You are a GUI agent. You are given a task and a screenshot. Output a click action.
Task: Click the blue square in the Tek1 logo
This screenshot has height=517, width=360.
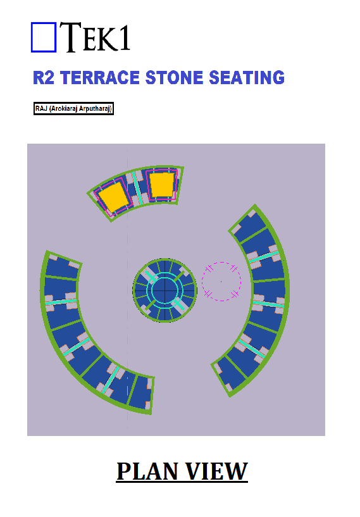tap(44, 37)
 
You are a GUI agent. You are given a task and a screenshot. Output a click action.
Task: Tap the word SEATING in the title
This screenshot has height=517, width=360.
tap(247, 78)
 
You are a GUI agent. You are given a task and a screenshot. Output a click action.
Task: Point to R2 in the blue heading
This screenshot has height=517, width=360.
tap(44, 78)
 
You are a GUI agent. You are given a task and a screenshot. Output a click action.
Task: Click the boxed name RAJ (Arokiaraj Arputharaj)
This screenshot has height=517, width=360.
tap(73, 108)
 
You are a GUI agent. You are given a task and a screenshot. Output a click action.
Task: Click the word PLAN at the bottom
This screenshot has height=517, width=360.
tap(147, 471)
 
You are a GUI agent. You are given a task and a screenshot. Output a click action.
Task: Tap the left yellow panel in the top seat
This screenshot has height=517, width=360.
tap(113, 197)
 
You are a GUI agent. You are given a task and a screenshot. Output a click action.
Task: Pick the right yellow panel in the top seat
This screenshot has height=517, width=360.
tap(161, 185)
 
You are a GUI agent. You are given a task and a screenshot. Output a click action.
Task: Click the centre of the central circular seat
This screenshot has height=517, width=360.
tap(165, 290)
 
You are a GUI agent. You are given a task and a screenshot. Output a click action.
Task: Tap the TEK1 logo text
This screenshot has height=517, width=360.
tap(96, 37)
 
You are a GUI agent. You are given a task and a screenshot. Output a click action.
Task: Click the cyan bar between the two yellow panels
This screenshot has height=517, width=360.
tap(137, 187)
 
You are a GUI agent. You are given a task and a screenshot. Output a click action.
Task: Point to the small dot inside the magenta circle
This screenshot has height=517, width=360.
tap(221, 282)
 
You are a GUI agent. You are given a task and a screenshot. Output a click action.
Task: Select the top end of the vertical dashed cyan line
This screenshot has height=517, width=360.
tap(128, 149)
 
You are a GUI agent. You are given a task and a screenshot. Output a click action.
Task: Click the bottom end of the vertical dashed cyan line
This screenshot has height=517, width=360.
tap(128, 430)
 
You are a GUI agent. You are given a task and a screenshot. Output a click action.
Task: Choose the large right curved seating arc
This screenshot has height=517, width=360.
tap(270, 297)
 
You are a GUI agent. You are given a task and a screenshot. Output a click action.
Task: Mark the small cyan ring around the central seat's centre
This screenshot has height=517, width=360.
tap(165, 277)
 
